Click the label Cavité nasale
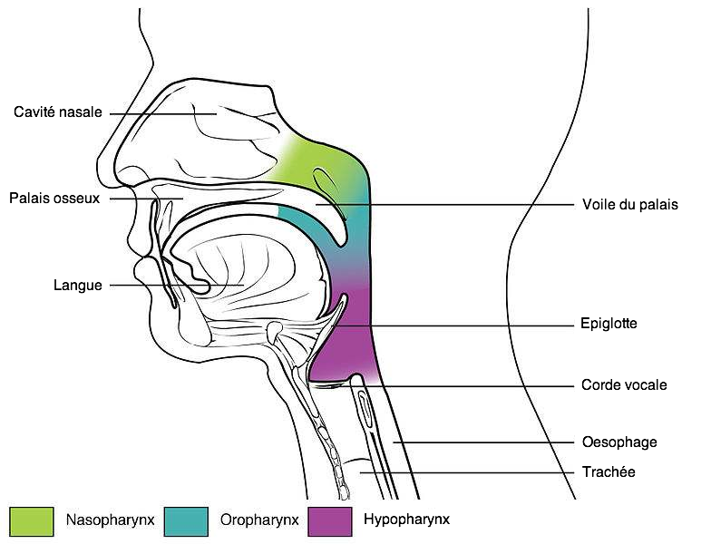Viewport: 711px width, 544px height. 57,113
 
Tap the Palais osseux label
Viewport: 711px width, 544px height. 54,198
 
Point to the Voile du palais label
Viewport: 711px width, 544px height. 629,205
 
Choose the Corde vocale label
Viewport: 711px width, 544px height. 624,385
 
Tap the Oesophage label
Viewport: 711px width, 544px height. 618,442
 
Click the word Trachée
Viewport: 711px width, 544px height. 608,472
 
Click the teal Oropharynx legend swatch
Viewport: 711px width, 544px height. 187,520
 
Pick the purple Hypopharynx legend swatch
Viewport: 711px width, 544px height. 329,520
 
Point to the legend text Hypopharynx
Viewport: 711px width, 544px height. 406,520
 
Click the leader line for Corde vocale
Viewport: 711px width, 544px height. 472,385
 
